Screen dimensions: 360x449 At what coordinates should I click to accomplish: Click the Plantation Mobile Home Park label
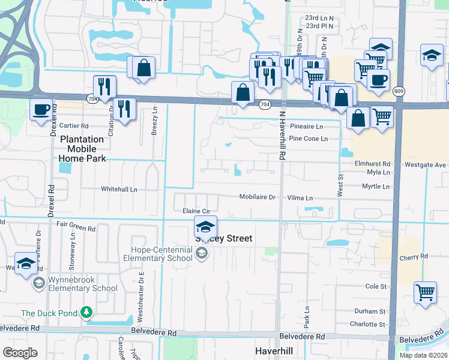(x=82, y=149)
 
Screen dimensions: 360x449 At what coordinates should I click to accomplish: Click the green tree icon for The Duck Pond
(x=87, y=312)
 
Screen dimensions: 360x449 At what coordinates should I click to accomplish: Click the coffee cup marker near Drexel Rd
(x=41, y=110)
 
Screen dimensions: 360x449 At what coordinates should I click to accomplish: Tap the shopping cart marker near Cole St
(x=425, y=293)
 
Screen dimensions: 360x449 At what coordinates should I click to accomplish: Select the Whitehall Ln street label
(x=119, y=189)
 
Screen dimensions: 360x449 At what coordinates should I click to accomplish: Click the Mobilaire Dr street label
(x=257, y=197)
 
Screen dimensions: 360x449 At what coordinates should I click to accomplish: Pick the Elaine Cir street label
(x=196, y=211)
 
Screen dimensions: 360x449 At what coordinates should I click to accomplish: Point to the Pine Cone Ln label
(x=308, y=139)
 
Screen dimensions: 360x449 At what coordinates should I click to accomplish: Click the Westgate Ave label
(x=425, y=164)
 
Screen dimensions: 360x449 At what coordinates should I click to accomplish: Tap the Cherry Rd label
(x=415, y=257)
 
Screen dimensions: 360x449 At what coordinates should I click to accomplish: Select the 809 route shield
(x=399, y=91)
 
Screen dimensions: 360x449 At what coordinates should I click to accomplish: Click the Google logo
(x=20, y=353)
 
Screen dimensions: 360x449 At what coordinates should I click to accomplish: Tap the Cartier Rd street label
(x=73, y=126)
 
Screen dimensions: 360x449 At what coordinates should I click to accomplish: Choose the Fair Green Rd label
(x=76, y=229)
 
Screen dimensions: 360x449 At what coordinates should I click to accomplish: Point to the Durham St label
(x=370, y=311)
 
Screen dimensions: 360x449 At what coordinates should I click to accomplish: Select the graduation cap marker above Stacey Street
(x=205, y=227)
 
